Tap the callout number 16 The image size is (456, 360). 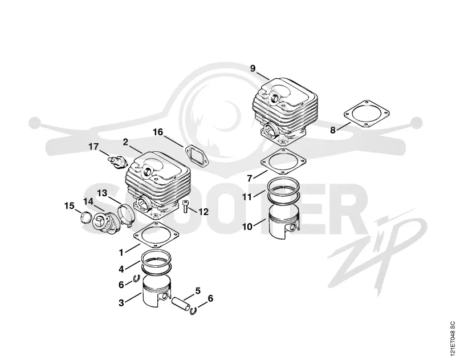[x=158, y=132]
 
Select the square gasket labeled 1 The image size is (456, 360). [x=156, y=234]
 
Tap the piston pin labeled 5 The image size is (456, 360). [x=181, y=304]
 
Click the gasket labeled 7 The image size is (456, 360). [x=283, y=161]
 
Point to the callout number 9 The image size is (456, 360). [x=253, y=68]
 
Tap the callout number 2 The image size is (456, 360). [x=125, y=142]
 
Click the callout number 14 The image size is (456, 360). [x=89, y=201]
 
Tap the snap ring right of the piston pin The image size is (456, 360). [x=193, y=310]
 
